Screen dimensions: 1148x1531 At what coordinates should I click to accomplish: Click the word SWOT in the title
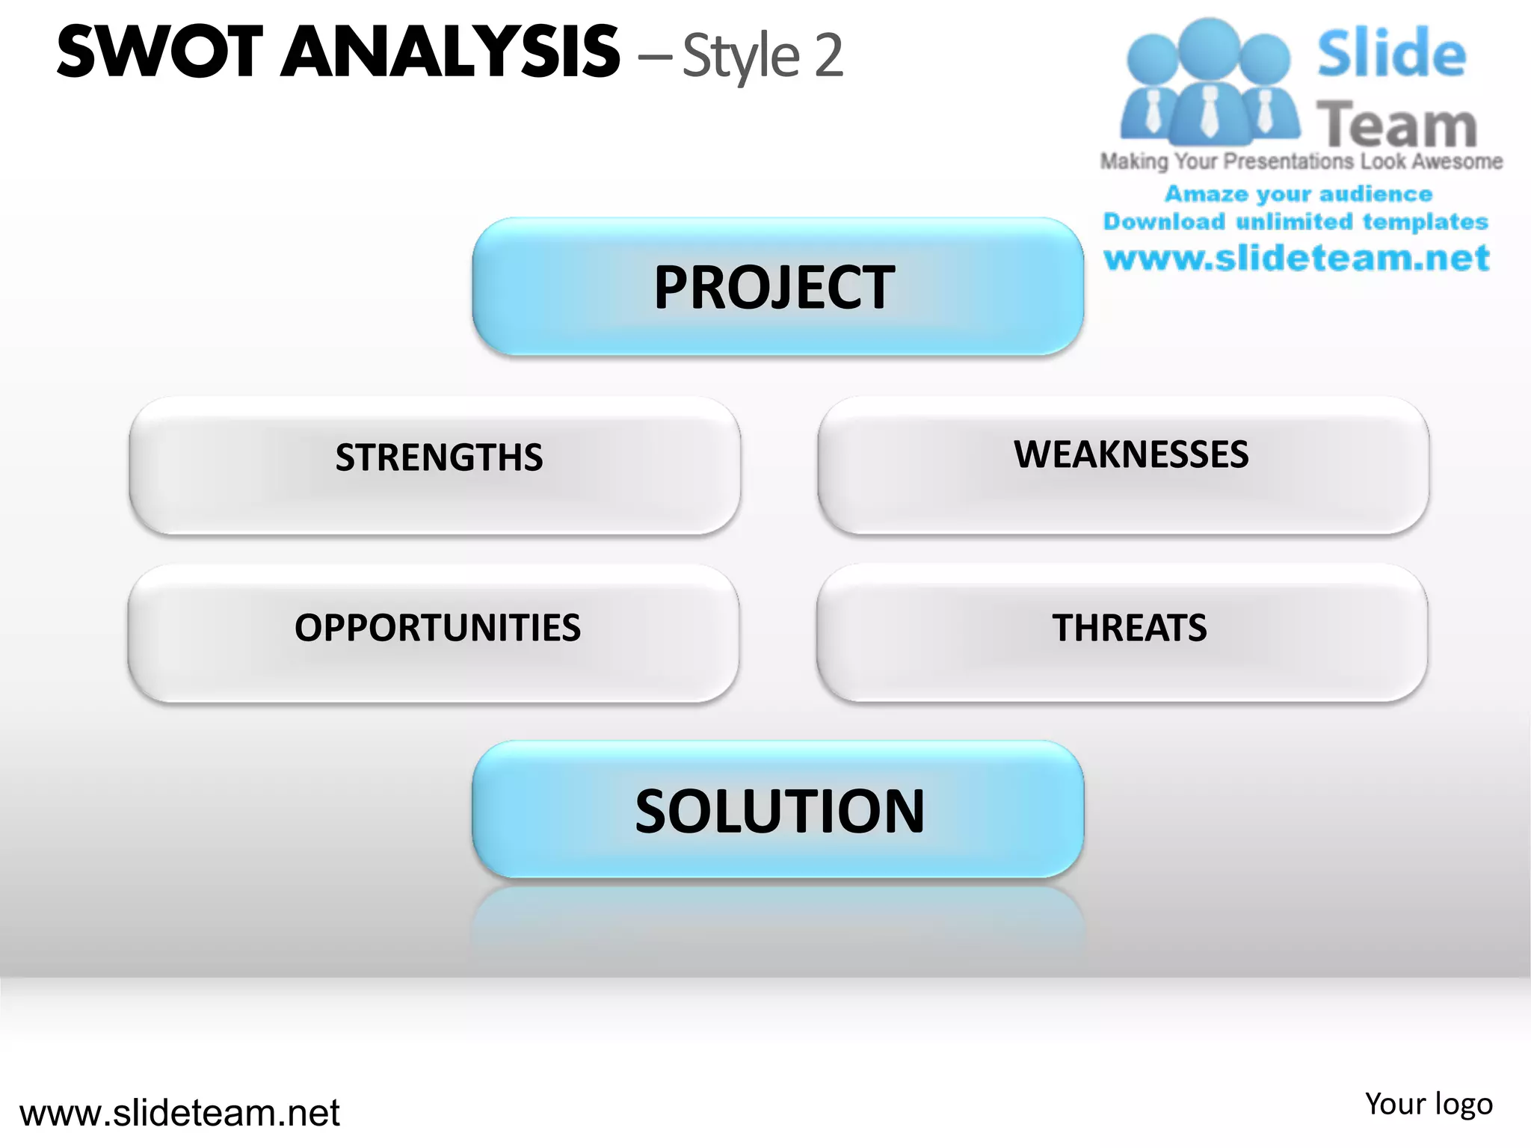coord(160,52)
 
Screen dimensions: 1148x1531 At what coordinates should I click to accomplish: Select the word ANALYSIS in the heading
coord(450,52)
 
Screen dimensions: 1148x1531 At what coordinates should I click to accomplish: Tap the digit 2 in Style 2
coord(828,56)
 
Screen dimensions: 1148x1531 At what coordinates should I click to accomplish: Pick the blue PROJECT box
coord(777,287)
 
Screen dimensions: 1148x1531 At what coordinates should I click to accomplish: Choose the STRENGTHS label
coord(439,457)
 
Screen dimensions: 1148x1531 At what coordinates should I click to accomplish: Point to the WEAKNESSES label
coord(1130,454)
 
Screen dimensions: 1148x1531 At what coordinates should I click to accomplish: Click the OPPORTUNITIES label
coord(437,628)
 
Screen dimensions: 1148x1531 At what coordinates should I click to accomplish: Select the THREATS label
coord(1130,628)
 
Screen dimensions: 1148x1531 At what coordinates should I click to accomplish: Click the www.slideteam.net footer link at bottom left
coord(179,1113)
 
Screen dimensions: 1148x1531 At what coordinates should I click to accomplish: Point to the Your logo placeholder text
coord(1429,1104)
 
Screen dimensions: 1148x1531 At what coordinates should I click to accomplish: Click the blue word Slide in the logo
coord(1391,53)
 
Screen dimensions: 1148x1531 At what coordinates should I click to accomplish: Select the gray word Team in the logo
coord(1396,125)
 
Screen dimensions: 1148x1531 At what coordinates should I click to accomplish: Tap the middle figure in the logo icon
coord(1209,82)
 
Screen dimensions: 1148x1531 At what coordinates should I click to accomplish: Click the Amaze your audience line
coord(1299,194)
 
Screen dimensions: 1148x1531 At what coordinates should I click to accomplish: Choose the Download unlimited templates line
coord(1296,222)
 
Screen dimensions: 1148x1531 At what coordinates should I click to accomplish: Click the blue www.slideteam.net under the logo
coord(1296,259)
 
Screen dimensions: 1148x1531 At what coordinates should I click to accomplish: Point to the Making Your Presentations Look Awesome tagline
coord(1301,161)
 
